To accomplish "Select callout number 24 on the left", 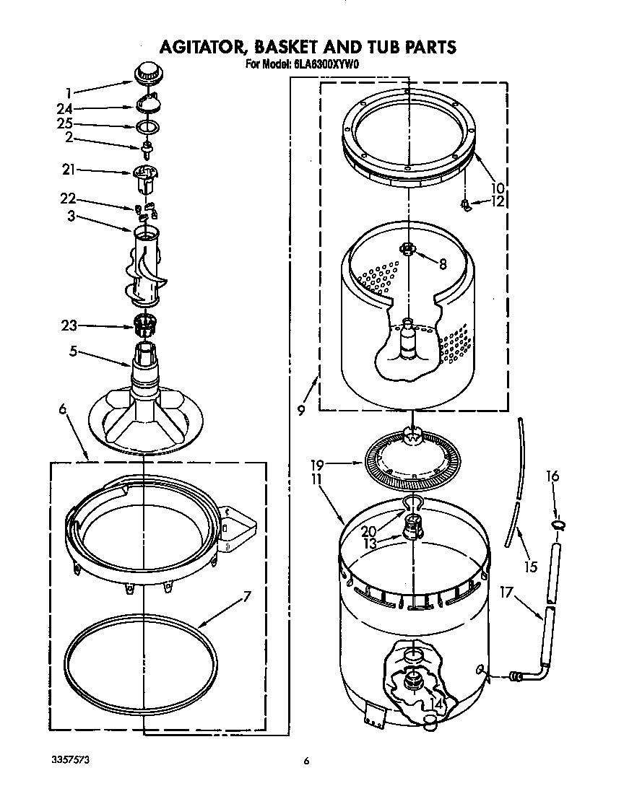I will tap(66, 109).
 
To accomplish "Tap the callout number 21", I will tap(68, 170).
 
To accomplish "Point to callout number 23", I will tap(69, 326).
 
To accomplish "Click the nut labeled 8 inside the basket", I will tap(408, 249).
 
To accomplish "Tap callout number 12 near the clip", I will tap(498, 202).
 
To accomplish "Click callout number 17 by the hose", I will tap(506, 593).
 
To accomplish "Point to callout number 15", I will tap(531, 567).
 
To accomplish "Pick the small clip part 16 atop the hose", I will tap(556, 525).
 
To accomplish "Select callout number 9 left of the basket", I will tap(301, 411).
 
